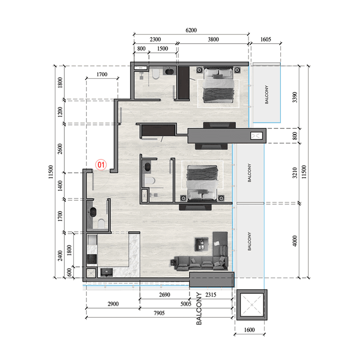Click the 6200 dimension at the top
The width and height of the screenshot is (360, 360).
pyautogui.click(x=191, y=30)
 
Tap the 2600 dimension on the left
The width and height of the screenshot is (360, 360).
pyautogui.click(x=60, y=149)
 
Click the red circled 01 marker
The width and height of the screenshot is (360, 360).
pyautogui.click(x=101, y=164)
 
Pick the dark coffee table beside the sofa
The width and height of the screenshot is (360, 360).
pyautogui.click(x=201, y=244)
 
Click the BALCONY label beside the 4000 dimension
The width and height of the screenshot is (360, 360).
pyautogui.click(x=250, y=241)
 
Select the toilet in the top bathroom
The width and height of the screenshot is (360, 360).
pyautogui.click(x=156, y=74)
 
